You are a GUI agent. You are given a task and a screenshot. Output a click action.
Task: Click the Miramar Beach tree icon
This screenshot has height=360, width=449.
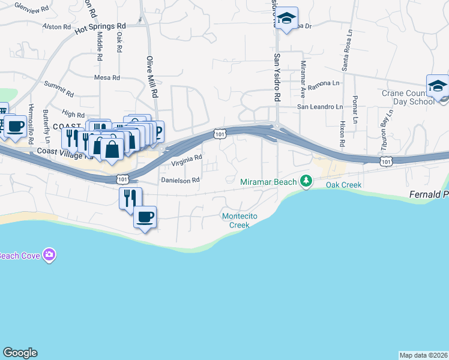point(306,181)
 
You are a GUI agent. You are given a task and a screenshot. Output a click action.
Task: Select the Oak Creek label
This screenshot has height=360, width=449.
point(343,185)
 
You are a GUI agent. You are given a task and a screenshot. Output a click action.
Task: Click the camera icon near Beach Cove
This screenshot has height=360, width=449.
point(49,255)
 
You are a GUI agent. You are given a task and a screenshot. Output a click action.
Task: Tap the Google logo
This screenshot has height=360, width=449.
point(19,353)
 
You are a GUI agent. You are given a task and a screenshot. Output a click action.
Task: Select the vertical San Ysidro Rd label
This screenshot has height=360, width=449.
point(277,78)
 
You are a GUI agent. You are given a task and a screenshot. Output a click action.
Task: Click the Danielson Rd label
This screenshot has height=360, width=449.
point(179,179)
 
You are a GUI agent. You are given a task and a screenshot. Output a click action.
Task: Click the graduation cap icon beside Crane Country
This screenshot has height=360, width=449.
point(437,86)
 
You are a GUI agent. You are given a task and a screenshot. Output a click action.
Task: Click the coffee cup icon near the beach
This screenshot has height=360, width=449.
point(145,217)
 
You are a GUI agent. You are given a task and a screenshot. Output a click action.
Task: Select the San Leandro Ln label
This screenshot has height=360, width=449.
point(321,107)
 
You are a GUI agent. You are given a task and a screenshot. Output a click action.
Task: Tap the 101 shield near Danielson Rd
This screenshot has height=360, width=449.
point(122,179)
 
